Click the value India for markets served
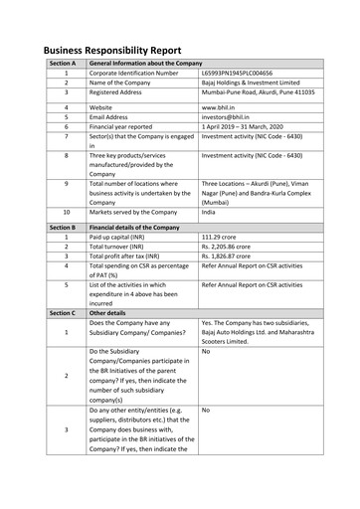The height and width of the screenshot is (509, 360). (208, 212)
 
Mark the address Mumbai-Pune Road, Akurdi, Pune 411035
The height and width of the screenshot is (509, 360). (259, 94)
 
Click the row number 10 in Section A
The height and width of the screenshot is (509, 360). (66, 212)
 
